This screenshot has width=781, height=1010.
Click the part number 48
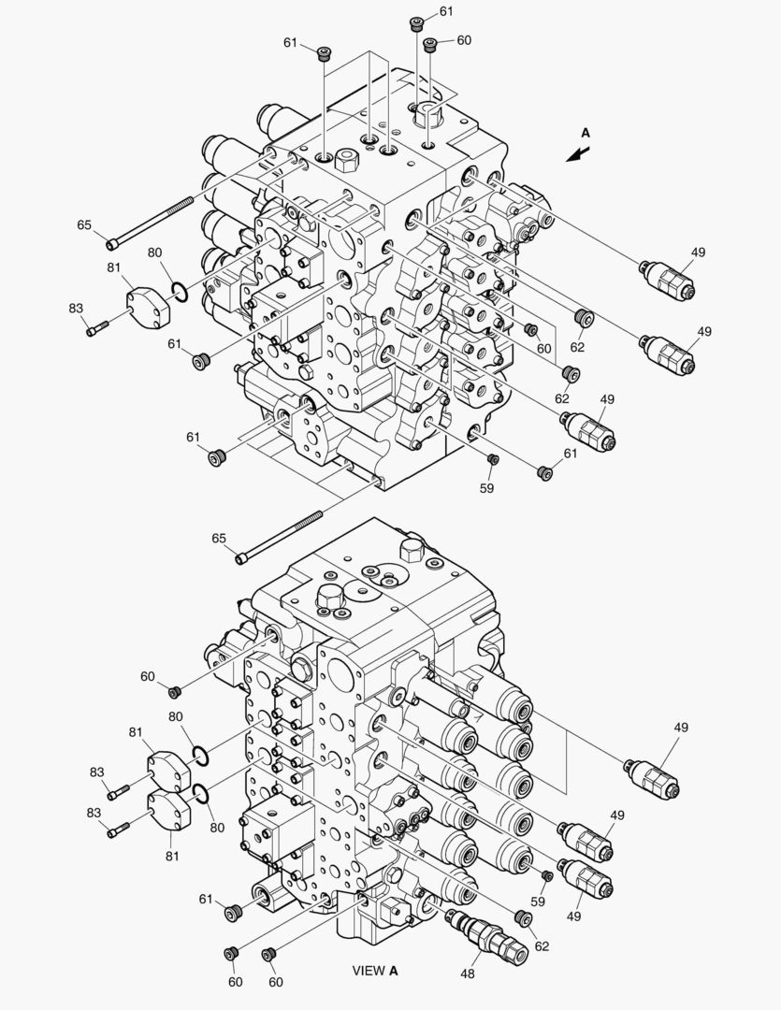467,974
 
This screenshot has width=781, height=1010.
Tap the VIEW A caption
375,971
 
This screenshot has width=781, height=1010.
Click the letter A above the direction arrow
586,133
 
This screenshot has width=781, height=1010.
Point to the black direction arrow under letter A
578,154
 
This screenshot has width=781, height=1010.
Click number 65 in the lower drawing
219,538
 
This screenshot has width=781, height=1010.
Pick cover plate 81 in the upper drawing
148,308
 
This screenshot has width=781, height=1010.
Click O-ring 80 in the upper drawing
180,293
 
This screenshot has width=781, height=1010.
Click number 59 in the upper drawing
486,488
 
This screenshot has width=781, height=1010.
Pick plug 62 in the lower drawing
523,918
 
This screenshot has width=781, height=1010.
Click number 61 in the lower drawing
206,899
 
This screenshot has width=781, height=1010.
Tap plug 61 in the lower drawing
233,912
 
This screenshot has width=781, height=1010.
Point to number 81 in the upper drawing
114,267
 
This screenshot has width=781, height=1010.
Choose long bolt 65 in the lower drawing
279,536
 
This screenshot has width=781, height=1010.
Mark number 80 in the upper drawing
154,252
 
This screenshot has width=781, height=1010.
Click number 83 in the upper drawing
76,309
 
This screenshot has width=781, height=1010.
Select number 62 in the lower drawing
542,946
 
